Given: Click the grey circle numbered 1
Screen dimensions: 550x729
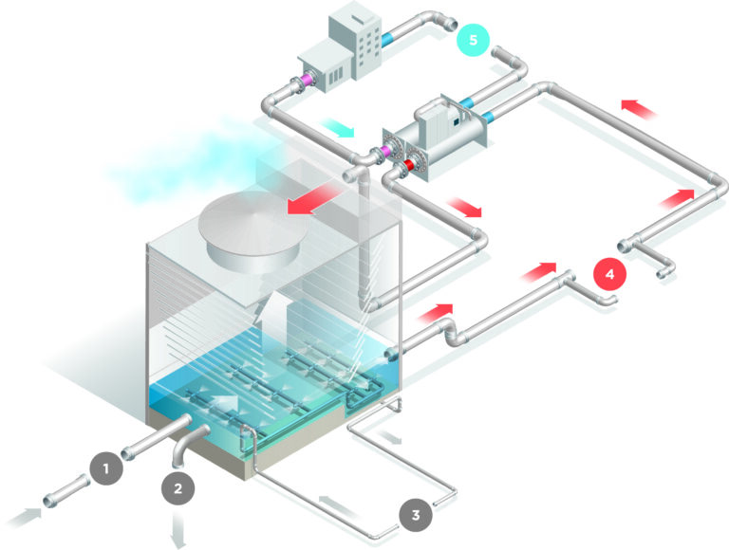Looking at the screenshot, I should point(107,467).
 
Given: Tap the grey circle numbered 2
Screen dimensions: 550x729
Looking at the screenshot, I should point(178,488).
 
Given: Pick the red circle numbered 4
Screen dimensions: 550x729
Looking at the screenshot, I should point(610,273).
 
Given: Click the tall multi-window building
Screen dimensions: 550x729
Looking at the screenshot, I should point(358,39).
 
